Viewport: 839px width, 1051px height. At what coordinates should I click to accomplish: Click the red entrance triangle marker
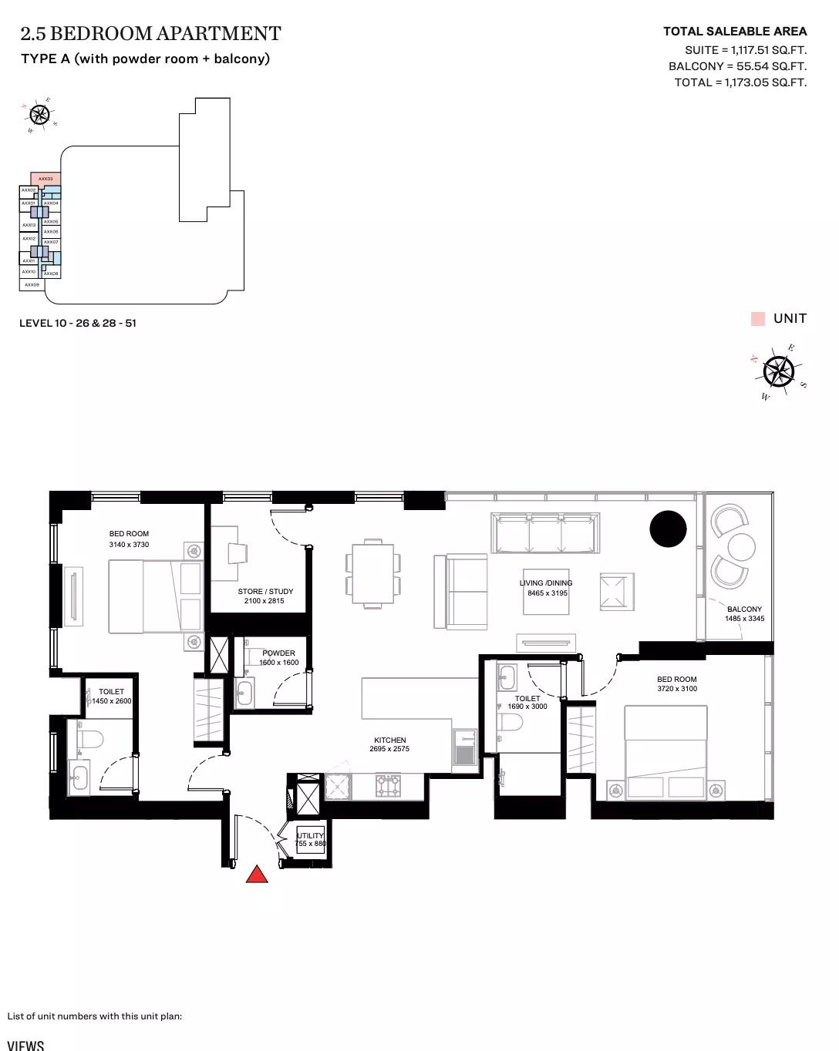257,874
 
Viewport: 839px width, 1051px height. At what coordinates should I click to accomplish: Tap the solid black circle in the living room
668,529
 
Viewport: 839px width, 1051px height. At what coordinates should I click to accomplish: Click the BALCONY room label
744,609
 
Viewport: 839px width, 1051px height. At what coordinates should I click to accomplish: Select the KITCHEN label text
389,740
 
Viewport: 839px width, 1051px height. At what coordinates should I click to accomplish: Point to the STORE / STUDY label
265,591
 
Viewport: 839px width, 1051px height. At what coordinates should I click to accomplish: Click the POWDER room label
278,653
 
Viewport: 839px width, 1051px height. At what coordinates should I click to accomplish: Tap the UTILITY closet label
311,835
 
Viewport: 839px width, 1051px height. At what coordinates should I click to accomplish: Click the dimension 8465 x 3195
547,593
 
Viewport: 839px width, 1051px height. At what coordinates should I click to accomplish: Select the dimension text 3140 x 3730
129,545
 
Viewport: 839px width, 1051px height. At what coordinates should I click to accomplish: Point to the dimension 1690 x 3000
527,707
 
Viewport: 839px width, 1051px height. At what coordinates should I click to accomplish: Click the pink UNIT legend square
758,319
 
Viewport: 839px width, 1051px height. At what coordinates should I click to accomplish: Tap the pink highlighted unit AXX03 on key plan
45,179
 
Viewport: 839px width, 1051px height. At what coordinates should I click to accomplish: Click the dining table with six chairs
373,573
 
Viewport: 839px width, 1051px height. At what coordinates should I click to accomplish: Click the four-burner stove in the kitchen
388,786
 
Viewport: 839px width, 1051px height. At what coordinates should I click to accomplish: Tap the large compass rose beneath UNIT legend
778,372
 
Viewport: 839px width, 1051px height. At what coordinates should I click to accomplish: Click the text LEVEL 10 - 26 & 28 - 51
78,323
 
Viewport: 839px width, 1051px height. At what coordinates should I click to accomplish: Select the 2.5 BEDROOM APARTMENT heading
150,34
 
